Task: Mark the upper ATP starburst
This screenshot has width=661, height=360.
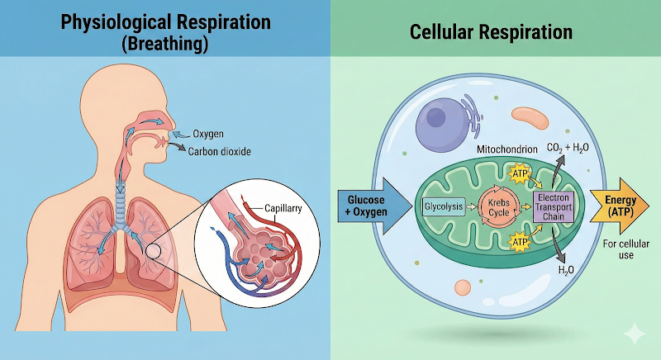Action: coord(520,174)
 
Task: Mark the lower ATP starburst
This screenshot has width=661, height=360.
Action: coord(521,243)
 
